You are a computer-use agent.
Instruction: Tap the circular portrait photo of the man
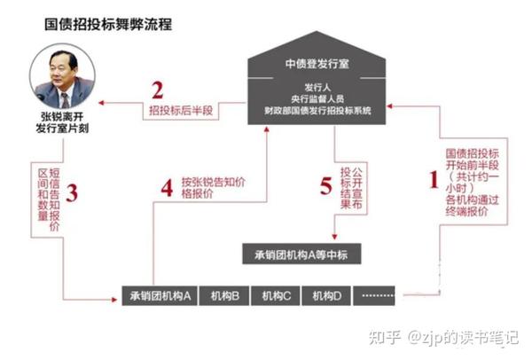pyautogui.click(x=63, y=81)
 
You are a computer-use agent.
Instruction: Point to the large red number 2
pyautogui.click(x=158, y=90)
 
